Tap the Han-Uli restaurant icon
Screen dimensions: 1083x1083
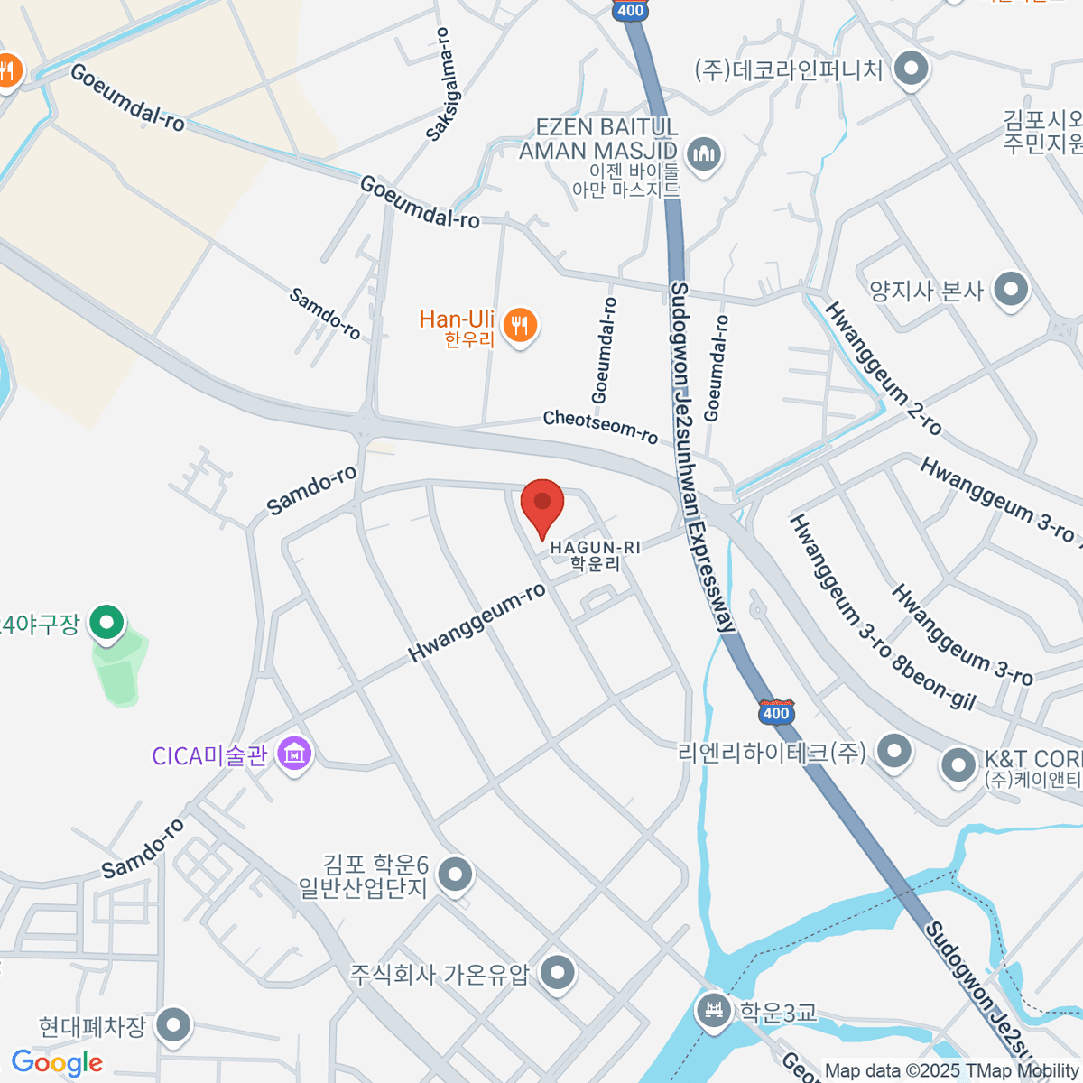[x=519, y=324]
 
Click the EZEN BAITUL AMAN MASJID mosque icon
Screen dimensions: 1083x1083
[x=703, y=153]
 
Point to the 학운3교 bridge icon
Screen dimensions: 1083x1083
[x=715, y=1009]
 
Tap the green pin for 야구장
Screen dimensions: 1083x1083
[x=107, y=622]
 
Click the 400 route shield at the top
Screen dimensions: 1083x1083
[x=631, y=11]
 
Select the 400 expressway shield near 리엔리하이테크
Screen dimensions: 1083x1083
[x=776, y=712]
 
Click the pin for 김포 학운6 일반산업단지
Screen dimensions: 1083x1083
[x=455, y=874]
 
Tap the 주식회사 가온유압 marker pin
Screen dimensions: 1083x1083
[x=558, y=973]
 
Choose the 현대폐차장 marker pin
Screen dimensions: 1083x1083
[x=172, y=1024]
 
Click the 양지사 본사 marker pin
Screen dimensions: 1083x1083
[x=1011, y=290]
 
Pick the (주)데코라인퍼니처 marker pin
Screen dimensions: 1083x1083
[x=911, y=69]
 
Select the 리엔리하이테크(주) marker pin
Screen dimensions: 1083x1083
[x=894, y=750]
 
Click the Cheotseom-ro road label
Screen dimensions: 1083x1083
[x=600, y=426]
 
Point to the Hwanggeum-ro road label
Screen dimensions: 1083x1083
[x=477, y=623]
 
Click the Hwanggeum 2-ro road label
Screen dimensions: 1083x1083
[x=883, y=368]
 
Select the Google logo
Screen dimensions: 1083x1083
[x=57, y=1062]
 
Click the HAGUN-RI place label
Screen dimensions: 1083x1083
[x=596, y=548]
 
